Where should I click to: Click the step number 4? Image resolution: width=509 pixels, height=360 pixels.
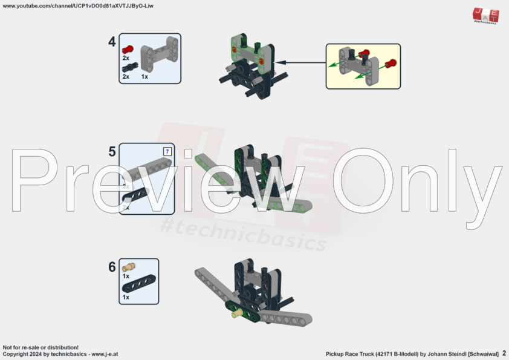coord(112,42)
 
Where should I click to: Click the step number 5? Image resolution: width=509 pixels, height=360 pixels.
coord(112,151)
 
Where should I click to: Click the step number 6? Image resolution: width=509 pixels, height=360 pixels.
coord(112,267)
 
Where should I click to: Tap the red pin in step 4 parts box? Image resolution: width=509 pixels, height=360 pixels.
coord(127,49)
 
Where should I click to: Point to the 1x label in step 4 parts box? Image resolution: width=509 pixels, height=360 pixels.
coord(145,77)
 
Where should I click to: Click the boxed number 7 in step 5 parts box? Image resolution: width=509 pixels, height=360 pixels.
coord(167,151)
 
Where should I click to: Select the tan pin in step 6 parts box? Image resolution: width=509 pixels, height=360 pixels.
coord(128,267)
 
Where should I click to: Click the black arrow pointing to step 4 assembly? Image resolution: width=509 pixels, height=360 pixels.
coord(302,62)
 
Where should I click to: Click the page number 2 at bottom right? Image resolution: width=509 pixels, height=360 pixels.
coord(504,353)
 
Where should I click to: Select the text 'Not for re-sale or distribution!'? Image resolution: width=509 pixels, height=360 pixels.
coord(41,347)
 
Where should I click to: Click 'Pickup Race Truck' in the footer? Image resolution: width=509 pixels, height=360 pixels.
coord(349,353)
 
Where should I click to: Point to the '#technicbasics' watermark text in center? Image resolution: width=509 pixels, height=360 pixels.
coord(242,235)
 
